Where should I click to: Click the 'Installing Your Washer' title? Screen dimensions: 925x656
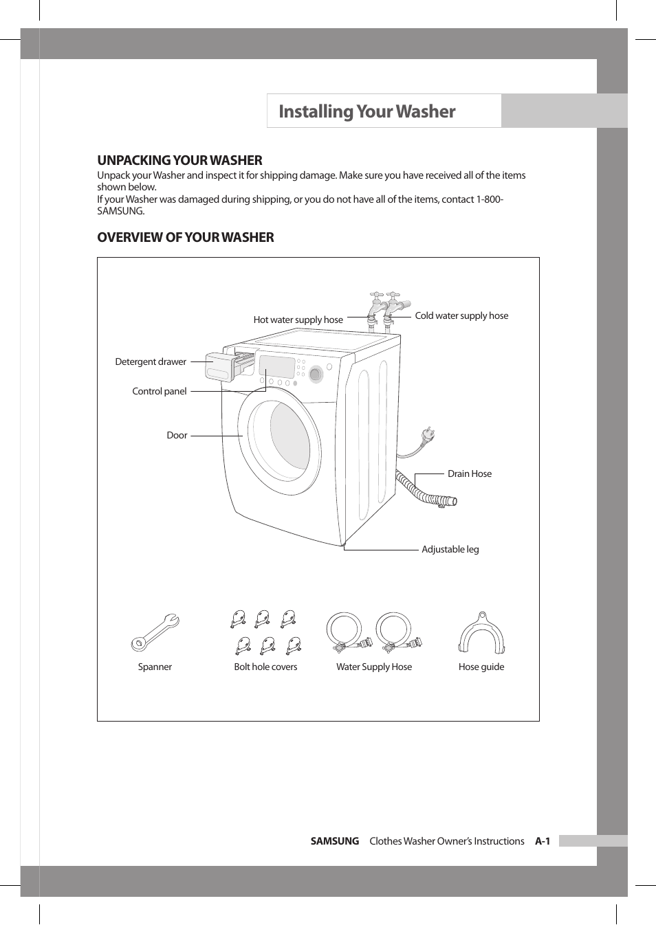coord(367,111)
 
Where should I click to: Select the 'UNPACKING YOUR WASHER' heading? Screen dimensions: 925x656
coord(179,160)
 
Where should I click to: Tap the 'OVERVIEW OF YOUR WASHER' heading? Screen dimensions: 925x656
coord(185,237)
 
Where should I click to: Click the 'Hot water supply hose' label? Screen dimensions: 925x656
coord(298,320)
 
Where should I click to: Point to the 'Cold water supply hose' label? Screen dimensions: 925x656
coord(461,315)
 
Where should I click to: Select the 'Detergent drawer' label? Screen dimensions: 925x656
coord(151,361)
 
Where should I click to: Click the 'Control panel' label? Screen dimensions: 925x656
coord(159,391)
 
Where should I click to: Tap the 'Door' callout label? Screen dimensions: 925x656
coord(177,435)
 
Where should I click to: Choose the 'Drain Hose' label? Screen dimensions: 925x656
coord(470,473)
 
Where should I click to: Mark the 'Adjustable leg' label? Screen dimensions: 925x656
coord(450,549)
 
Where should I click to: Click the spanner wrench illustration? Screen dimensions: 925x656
coord(155,632)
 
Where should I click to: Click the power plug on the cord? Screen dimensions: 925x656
coord(428,435)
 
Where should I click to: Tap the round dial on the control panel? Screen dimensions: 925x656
coord(316,375)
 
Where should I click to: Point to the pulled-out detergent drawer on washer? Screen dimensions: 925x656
coord(221,366)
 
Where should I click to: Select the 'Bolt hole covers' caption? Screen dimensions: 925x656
coord(265,667)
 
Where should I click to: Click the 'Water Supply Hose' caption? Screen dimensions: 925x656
coord(374,667)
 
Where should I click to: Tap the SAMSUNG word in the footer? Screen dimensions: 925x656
coord(335,841)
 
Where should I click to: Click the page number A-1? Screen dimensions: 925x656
coord(543,841)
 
